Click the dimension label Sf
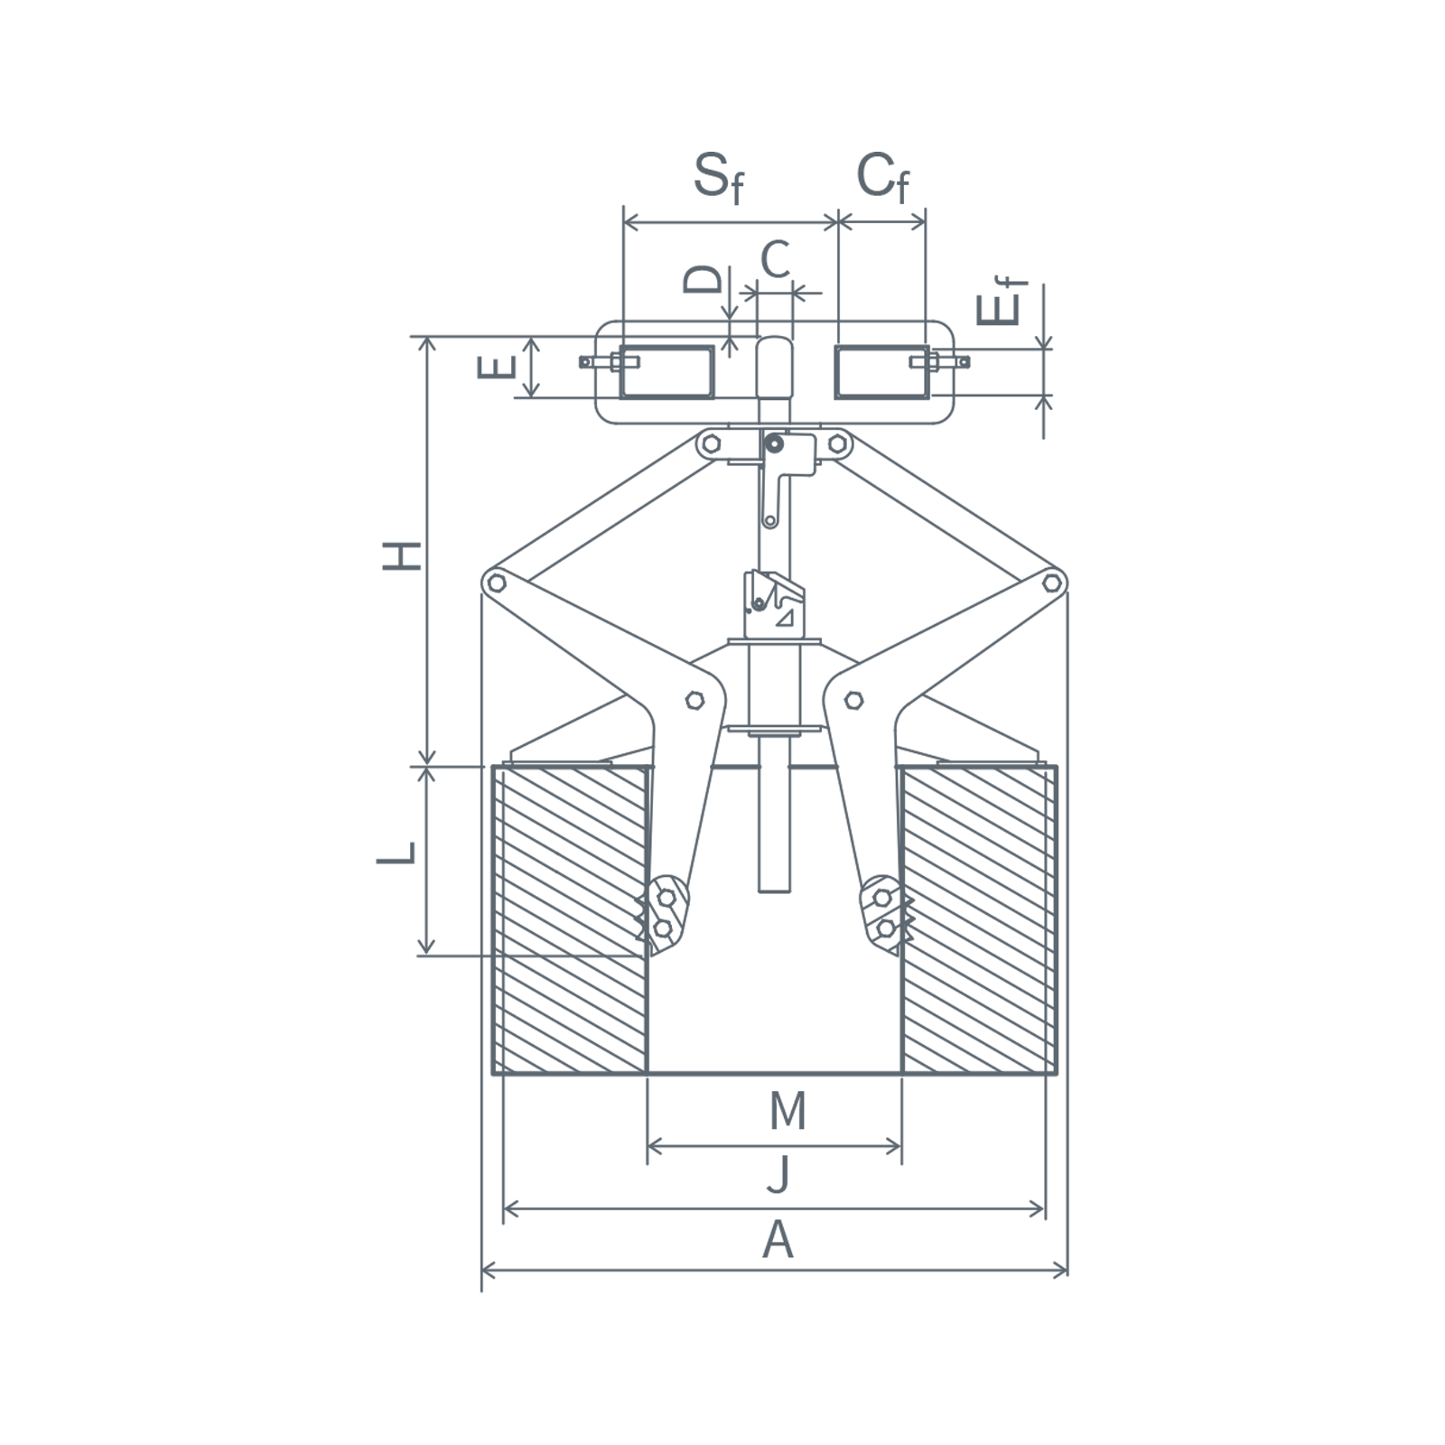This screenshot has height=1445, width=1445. click(x=719, y=178)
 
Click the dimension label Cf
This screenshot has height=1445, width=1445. click(x=882, y=177)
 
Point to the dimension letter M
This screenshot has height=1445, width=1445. click(x=788, y=1111)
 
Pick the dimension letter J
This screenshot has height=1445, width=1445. click(x=778, y=1173)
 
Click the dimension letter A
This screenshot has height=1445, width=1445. click(x=778, y=1240)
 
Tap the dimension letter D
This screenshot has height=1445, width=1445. click(x=704, y=279)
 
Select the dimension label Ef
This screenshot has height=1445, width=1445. click(x=1002, y=301)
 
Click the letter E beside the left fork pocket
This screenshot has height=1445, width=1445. click(x=497, y=367)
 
